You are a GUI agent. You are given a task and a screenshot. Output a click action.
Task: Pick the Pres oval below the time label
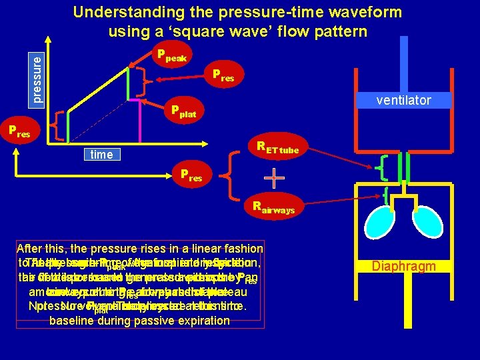(x=193, y=177)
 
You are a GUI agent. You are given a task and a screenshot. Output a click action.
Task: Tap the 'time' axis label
(x=101, y=155)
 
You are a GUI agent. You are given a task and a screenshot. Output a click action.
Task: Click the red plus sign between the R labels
(x=273, y=178)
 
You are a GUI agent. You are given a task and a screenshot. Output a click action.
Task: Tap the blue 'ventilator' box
(x=403, y=100)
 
